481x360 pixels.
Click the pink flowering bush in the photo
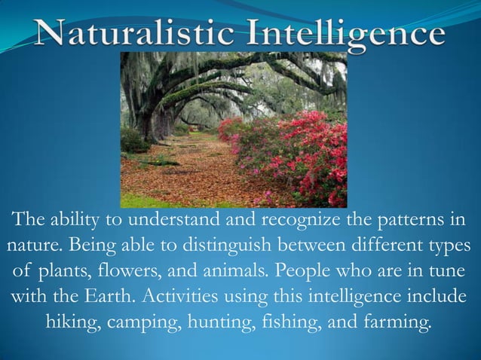pyautogui.click(x=294, y=151)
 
